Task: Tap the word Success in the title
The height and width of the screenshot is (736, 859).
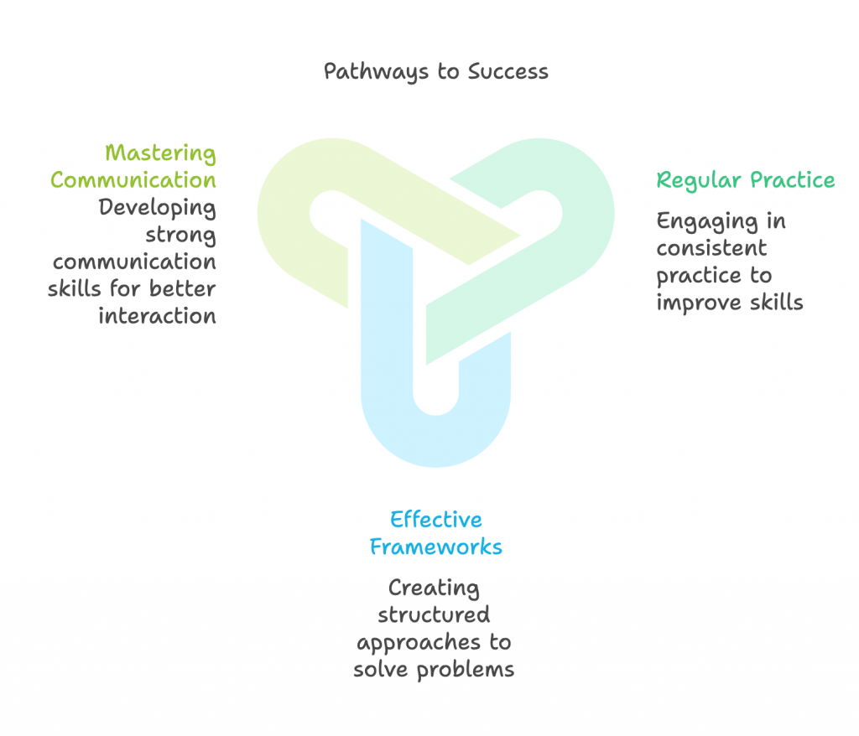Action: pos(508,71)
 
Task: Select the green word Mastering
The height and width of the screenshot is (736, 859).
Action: pos(160,153)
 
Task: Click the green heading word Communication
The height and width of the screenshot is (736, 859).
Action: pos(133,180)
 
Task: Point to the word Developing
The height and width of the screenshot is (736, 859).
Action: pos(157,208)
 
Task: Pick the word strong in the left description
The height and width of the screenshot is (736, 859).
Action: pos(181,236)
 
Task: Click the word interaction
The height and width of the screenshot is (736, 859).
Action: pos(157,316)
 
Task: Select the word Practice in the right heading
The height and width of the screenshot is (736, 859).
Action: pos(792,179)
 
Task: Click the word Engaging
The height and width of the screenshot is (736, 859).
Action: pos(707,222)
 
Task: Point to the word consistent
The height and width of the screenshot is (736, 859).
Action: pos(711,248)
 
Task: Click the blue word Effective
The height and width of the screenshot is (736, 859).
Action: pos(436,519)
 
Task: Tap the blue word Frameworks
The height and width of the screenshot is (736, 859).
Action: pos(436,547)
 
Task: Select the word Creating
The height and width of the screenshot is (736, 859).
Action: pos(434,588)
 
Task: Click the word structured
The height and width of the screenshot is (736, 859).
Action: pos(434,614)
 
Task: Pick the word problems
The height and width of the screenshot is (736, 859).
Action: pos(466,670)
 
